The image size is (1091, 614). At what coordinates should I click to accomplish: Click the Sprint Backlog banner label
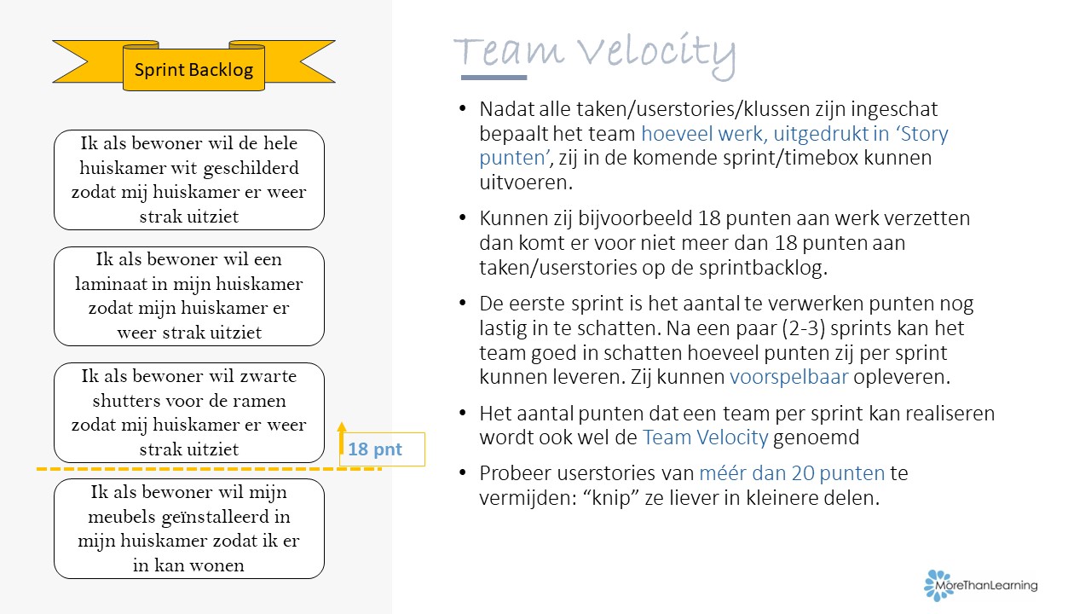(193, 70)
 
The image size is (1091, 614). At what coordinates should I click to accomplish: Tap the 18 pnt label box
(382, 449)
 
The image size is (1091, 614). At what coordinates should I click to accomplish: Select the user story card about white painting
(189, 180)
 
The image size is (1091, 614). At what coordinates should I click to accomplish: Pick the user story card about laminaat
(189, 296)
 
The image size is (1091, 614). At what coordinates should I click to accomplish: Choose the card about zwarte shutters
(189, 413)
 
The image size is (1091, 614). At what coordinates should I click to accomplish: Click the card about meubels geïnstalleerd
(189, 529)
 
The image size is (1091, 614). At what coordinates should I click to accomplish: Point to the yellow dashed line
(209, 469)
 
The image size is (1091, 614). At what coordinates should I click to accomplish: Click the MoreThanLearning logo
(980, 585)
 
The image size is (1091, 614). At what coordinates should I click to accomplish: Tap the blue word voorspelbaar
(789, 377)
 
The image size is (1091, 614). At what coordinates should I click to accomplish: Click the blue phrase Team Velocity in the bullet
(705, 437)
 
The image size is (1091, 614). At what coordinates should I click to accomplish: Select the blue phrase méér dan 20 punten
(792, 473)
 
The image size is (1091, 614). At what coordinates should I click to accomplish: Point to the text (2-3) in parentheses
(804, 328)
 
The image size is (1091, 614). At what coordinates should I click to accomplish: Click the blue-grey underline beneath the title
(494, 78)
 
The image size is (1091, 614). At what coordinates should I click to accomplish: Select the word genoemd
(817, 437)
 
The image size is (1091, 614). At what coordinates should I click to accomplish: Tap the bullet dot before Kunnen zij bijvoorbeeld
(463, 217)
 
